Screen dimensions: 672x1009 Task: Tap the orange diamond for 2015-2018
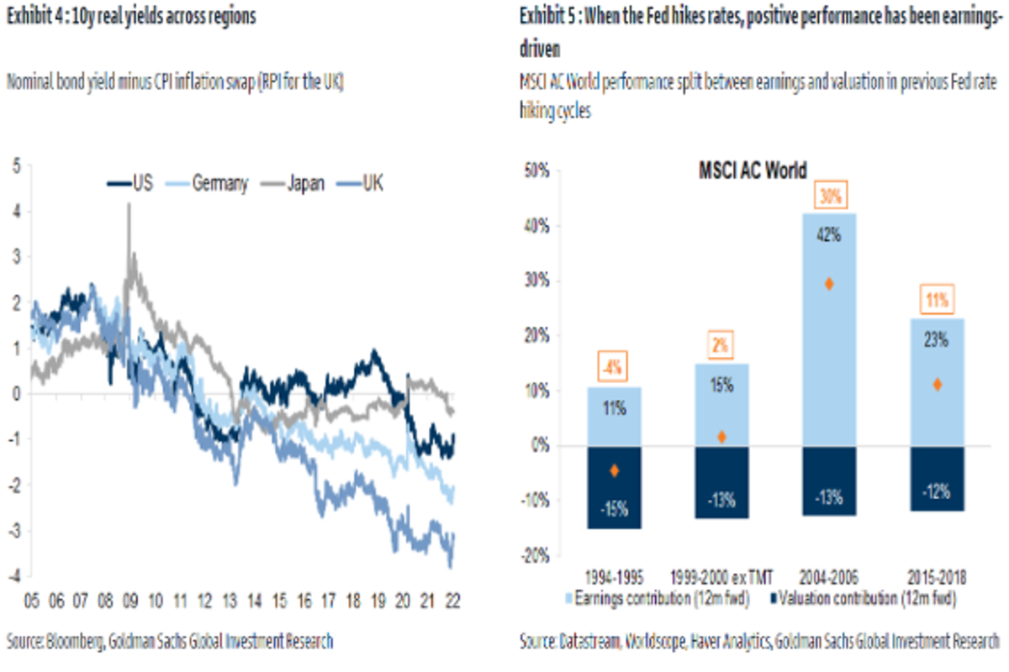pyautogui.click(x=938, y=385)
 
